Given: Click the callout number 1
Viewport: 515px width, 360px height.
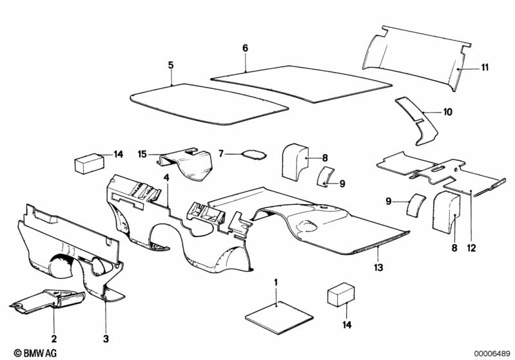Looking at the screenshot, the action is (x=276, y=283).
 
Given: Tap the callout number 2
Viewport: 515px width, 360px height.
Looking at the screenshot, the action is (x=54, y=339).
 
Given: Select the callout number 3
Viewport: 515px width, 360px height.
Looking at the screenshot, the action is (x=106, y=339).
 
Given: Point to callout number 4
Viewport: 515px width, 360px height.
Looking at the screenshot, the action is (x=166, y=178).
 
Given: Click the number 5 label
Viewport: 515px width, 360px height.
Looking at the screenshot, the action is (x=171, y=65).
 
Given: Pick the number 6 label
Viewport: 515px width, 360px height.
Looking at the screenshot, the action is (x=246, y=48).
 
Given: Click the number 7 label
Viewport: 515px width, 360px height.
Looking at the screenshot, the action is (x=221, y=153).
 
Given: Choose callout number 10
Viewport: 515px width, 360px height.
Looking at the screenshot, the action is (x=448, y=112).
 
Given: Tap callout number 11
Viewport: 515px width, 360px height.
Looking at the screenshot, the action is (x=485, y=67).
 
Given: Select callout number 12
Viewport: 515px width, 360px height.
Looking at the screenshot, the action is (x=471, y=248).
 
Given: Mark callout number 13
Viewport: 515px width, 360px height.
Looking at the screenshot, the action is (x=378, y=267).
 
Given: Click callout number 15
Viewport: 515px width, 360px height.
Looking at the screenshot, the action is (x=142, y=154).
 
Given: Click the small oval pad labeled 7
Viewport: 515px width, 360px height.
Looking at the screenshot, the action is (x=254, y=154).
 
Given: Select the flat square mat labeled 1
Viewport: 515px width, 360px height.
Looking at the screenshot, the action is (x=279, y=318).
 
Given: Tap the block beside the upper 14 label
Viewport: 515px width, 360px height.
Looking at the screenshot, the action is (x=90, y=164).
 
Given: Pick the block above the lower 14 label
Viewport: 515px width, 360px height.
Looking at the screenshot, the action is (x=341, y=296).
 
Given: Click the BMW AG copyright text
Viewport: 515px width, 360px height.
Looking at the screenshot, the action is (x=35, y=353).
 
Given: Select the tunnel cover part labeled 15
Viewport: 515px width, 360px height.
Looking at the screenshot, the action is (x=185, y=164).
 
